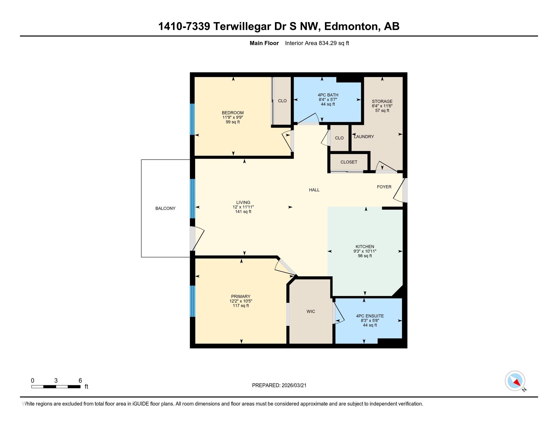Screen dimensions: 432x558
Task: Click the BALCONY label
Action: coord(165,208)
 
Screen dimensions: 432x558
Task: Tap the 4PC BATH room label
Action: coord(328,95)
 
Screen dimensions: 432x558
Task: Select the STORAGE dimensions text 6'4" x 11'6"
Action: coord(382,106)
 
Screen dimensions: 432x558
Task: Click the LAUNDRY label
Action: coord(364,137)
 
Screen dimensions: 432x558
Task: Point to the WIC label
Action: coord(311,312)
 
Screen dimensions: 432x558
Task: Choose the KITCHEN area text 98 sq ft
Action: coord(364,256)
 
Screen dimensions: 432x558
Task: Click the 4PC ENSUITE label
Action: coord(370,316)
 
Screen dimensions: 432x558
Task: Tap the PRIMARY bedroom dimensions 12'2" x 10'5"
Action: coord(241,301)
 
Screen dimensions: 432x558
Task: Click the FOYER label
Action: coord(384,187)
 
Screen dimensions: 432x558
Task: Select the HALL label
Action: coord(314,190)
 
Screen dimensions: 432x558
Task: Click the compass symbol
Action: coord(515,381)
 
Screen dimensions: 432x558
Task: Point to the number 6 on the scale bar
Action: coord(80,381)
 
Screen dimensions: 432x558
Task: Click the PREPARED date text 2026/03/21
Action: coord(294,385)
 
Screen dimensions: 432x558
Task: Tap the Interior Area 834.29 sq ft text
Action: coord(317,43)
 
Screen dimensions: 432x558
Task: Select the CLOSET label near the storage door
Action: coord(349,162)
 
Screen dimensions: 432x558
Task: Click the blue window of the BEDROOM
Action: coord(193,119)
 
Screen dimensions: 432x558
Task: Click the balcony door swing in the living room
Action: coord(198,238)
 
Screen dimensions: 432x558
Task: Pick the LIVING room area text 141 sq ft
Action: coord(243,212)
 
